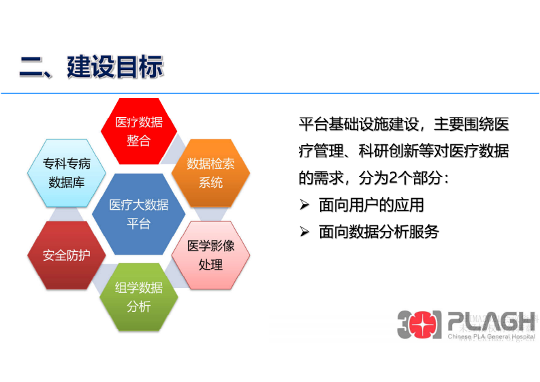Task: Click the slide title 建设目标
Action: (115, 67)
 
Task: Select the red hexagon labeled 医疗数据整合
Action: (139, 131)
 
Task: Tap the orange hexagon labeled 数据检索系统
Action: (210, 172)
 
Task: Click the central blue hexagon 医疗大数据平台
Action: (139, 214)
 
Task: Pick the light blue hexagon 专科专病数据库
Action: (67, 172)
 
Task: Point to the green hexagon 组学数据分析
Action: (139, 297)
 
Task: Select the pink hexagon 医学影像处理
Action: (210, 255)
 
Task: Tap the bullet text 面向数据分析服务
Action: (379, 232)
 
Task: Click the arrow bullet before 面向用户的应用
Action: (304, 205)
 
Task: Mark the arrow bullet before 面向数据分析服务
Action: (304, 232)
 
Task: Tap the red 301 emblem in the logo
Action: (419, 324)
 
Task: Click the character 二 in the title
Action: (31, 67)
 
